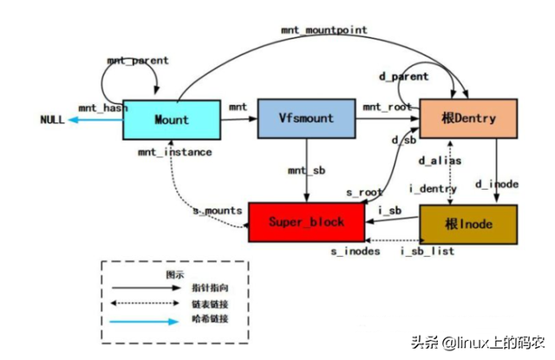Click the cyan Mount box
[x=171, y=120]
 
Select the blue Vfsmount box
[x=305, y=119]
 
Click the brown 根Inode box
[x=468, y=223]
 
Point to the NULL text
[x=52, y=120]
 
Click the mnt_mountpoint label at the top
[x=323, y=29]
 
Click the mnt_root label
[x=386, y=107]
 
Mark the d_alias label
[x=439, y=160]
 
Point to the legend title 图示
[x=175, y=272]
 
